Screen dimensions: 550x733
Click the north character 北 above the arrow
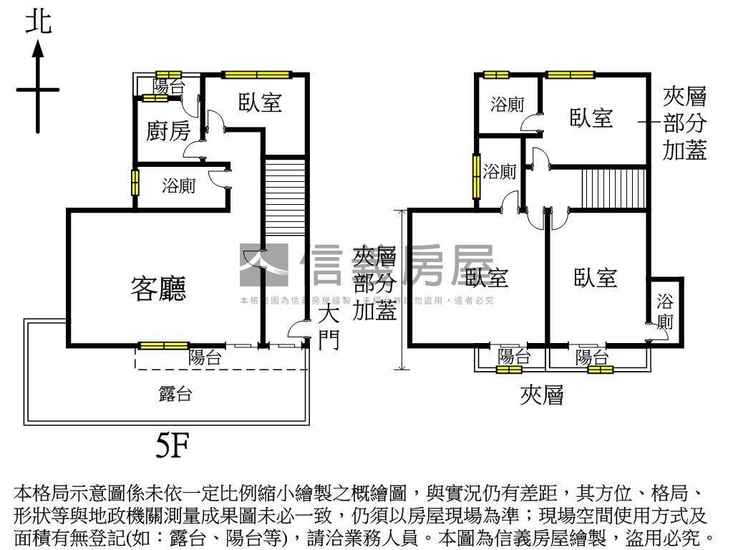point(39,22)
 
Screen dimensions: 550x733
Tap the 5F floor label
point(172,446)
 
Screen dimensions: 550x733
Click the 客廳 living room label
point(158,288)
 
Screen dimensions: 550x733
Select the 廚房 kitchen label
point(168,131)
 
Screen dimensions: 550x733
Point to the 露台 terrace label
point(175,393)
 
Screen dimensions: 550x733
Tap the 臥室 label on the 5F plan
point(260,102)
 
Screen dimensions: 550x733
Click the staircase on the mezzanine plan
point(614,188)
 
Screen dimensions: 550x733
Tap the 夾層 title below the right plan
point(542,395)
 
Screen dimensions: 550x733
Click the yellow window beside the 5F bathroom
point(134,182)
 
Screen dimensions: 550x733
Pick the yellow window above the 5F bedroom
point(256,74)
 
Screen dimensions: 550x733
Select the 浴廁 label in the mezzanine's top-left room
point(507,105)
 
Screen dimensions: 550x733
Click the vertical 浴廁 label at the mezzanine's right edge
point(665,311)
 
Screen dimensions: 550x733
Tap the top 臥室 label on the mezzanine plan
point(591,117)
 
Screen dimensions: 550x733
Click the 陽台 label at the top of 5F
point(168,87)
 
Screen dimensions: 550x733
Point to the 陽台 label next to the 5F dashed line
point(205,358)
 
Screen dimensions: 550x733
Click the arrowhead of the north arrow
point(38,49)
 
